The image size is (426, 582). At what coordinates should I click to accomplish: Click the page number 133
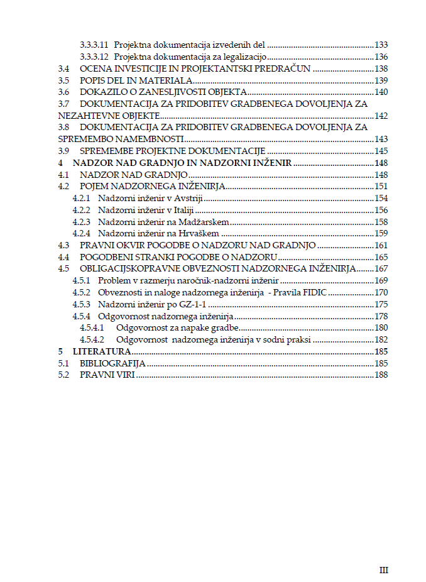pos(381,45)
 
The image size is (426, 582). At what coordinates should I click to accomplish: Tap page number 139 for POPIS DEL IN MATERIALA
pos(381,80)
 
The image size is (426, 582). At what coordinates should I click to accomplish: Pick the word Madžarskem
pos(202,222)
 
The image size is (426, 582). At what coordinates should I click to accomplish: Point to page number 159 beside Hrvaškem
pos(381,233)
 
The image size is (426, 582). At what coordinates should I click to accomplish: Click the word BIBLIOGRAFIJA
pos(112,363)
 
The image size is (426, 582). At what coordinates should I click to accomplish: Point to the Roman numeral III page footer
pos(384,570)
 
